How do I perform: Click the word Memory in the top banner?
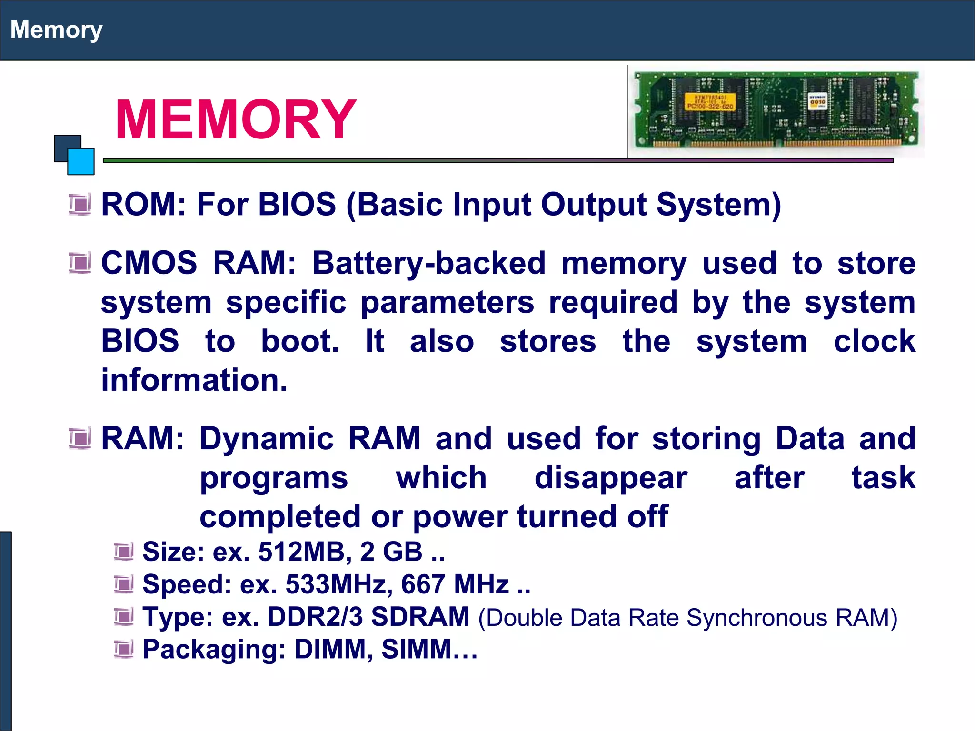coord(56,30)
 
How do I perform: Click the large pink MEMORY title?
coord(235,119)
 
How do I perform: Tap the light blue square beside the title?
coord(81,162)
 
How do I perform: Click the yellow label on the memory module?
coord(709,102)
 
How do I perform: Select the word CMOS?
coord(149,263)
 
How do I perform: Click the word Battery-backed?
coord(429,264)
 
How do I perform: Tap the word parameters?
coord(447,303)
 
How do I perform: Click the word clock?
coord(874,341)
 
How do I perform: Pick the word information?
coord(194,380)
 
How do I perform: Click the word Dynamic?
coord(267,439)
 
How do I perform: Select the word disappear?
coord(611,478)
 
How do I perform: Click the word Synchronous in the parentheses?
coord(757,618)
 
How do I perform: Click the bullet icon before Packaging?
coord(124,649)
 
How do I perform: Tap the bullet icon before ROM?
coord(80,205)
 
